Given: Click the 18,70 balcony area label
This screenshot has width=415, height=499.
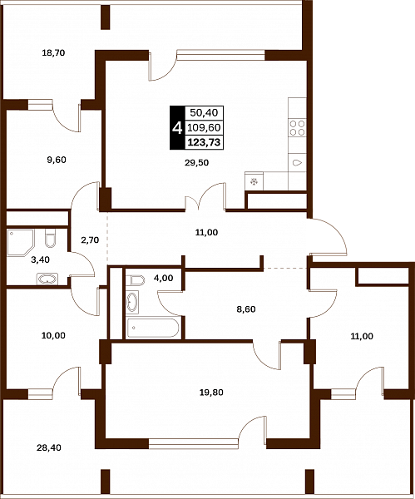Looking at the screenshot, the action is coord(53,53).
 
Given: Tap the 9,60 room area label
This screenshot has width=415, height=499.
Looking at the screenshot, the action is coord(57,160).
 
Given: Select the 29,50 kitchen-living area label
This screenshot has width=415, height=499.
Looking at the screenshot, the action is coord(196,163).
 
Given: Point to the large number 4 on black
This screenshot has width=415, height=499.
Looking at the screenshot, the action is coord(177,128).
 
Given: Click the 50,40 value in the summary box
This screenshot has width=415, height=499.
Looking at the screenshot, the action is coord(204,112).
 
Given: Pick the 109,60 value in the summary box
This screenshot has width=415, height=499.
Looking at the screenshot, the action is coord(204,127).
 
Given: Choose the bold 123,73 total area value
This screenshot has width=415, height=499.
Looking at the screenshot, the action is coord(204,142).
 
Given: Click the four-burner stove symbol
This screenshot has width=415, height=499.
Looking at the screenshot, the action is coord(297,127).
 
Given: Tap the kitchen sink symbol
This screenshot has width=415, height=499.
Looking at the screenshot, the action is coord(297,163).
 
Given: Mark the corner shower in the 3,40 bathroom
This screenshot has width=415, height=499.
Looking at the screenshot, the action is coord(20,242).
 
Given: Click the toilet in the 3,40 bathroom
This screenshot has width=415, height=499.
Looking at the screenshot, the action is coord(50,238).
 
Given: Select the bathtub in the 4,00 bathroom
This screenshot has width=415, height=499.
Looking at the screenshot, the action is coord(152,328).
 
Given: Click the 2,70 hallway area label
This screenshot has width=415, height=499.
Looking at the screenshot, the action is coord(90,240).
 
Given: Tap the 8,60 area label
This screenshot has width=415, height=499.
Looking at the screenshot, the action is coord(246,309).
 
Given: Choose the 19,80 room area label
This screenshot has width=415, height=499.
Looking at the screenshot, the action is coord(211,393).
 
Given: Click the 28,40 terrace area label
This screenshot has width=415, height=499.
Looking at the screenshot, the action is coord(49,448).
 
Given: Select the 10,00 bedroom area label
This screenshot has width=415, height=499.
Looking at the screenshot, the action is coord(53,335).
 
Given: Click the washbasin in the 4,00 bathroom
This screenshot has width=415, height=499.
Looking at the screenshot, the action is coord(132,302).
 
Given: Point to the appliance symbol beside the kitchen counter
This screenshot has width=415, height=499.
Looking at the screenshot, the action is coord(254,181).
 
